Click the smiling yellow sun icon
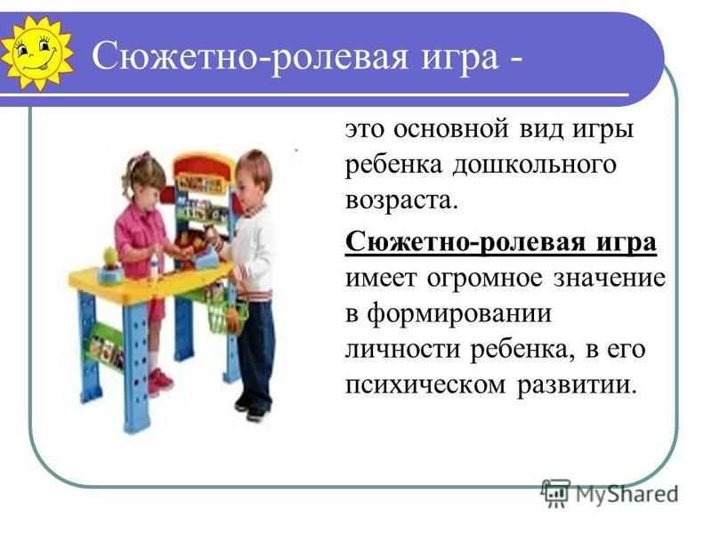(37, 53)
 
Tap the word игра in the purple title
(460, 58)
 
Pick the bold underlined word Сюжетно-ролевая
(464, 242)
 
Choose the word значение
(610, 278)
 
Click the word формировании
(459, 314)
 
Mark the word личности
(403, 350)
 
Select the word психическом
(425, 385)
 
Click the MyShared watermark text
(627, 494)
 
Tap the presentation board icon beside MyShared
(555, 493)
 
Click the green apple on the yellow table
(110, 256)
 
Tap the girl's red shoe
(160, 382)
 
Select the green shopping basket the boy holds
(227, 313)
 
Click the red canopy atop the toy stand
(204, 166)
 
